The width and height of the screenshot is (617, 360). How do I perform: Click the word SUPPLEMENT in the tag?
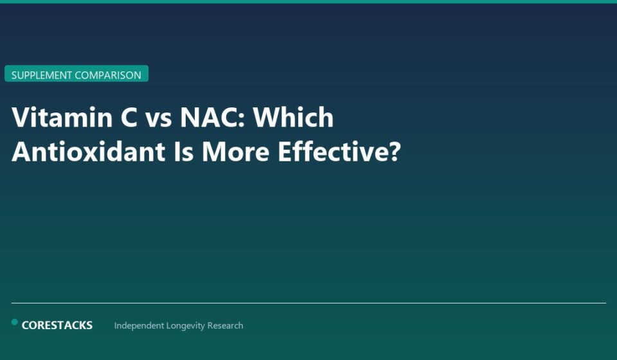click(41, 75)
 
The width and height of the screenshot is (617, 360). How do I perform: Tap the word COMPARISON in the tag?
click(108, 75)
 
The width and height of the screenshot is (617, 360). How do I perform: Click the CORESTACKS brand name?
click(57, 325)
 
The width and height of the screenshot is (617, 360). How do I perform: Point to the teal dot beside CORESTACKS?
click(15, 322)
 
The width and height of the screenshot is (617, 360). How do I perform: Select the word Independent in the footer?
click(139, 326)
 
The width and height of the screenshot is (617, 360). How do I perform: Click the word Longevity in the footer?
click(186, 326)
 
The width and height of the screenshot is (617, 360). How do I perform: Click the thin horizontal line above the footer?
click(308, 303)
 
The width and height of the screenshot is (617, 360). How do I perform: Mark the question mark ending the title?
click(394, 152)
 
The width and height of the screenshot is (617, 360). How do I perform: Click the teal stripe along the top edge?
click(308, 1)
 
